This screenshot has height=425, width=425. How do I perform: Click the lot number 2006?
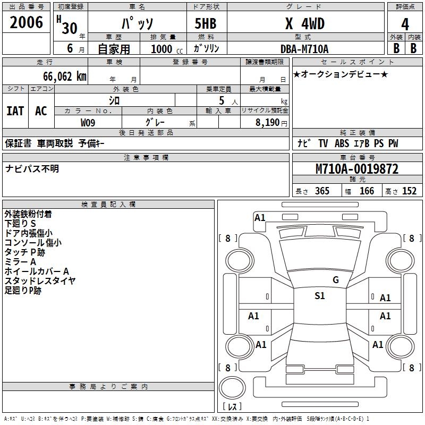(26, 22)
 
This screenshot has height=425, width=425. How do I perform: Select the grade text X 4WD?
(304, 24)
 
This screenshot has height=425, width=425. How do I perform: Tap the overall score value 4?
(405, 24)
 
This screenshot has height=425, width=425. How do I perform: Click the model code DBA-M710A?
(304, 49)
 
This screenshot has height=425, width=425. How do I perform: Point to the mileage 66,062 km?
(59, 76)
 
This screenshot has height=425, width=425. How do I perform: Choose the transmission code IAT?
(15, 111)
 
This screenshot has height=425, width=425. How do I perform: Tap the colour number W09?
(88, 123)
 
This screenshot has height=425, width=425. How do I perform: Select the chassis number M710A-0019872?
(357, 169)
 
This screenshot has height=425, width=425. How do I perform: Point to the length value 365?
(322, 191)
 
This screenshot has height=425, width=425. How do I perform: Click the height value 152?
(409, 191)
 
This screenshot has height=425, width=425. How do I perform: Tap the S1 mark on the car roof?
(319, 296)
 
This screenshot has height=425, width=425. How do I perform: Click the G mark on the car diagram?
(335, 280)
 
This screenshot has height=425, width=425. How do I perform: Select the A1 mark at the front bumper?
(260, 217)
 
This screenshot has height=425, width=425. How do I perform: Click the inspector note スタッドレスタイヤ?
(40, 281)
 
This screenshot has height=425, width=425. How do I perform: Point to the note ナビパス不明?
(32, 169)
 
